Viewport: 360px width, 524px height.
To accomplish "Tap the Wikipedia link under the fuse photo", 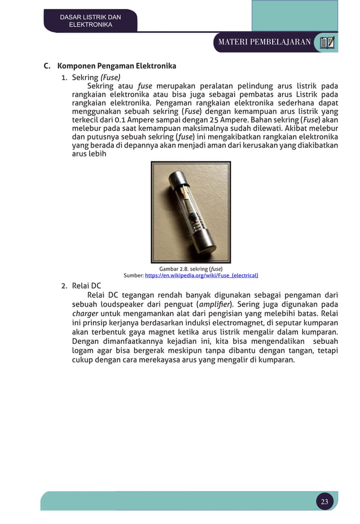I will pos(201,276).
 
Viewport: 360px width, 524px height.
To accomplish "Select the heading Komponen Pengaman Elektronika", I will pos(117,66).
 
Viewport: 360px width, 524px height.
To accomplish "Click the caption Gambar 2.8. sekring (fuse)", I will pos(187,269).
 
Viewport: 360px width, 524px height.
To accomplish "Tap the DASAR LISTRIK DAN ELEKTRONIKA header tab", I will pos(90,21).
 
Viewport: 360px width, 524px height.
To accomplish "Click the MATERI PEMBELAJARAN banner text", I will pos(265,42).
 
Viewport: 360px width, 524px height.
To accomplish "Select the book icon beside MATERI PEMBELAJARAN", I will pos(327,42).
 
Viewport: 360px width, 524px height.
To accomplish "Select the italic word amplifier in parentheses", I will pos(215,304).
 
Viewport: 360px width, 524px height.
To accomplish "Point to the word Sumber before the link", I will pos(133,276).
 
